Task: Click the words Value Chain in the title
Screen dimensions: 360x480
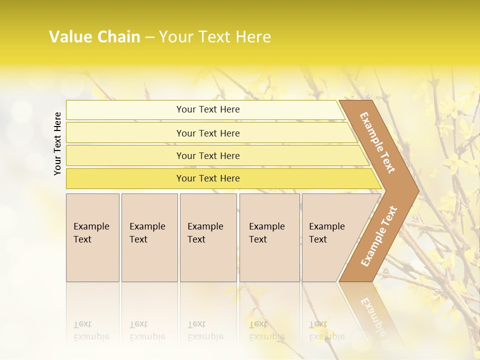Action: coord(94,37)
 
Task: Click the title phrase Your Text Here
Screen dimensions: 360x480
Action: coord(214,37)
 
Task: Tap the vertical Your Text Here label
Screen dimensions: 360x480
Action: coord(58,143)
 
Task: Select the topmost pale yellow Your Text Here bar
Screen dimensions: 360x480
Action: coord(207,109)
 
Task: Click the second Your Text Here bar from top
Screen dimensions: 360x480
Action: coord(208,133)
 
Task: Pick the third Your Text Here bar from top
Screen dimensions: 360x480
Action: coord(208,155)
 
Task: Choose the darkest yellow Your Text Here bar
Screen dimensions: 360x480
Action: coord(208,178)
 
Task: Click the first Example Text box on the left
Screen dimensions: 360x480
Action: coord(92,237)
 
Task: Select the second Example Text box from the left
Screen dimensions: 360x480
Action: coord(149,237)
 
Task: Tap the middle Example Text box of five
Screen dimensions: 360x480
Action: coord(208,237)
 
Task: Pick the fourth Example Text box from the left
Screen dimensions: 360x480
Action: coord(269,237)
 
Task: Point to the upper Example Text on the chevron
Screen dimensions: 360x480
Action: coord(377,142)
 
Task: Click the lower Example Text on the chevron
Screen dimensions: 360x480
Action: coord(378,236)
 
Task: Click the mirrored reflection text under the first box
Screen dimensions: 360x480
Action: coord(91,330)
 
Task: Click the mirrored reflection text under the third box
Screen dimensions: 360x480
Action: coord(205,330)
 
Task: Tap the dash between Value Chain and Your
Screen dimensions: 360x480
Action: coord(149,37)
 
